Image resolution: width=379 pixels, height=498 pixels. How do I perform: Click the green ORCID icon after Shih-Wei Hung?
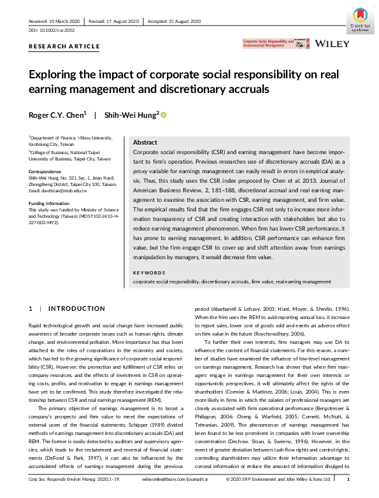tap(163, 115)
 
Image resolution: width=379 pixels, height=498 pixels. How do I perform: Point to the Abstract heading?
tap(145, 143)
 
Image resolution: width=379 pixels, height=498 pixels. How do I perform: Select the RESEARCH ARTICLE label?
tap(64, 46)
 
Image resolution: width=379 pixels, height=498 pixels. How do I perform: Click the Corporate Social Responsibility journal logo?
tap(271, 44)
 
